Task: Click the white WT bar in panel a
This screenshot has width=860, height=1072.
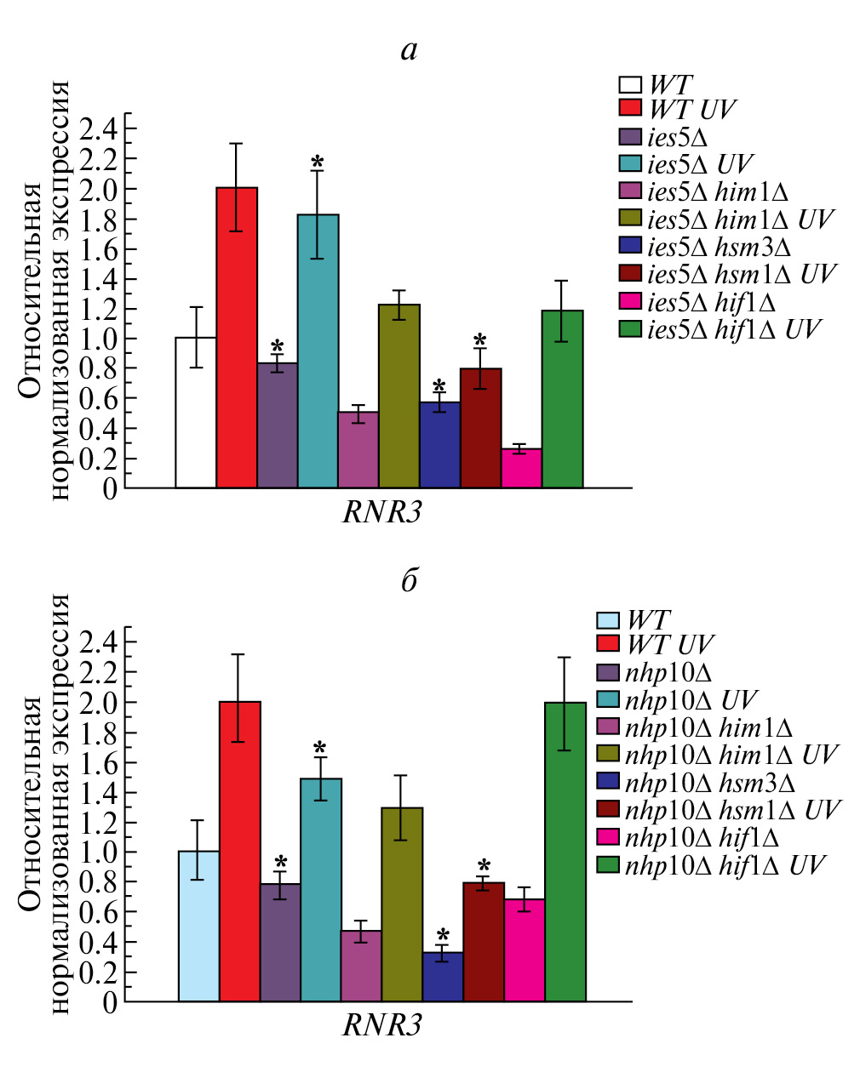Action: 196,413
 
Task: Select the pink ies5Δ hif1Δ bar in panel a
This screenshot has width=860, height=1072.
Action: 521,469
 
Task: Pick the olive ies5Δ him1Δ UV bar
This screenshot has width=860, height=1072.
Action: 399,396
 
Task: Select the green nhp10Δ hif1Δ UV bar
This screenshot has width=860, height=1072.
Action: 565,852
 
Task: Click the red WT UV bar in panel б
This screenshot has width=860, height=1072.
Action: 239,851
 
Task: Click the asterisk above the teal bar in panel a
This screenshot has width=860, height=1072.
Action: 318,162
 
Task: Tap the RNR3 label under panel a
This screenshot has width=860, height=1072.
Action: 382,512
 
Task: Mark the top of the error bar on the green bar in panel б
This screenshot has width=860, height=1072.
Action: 565,658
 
